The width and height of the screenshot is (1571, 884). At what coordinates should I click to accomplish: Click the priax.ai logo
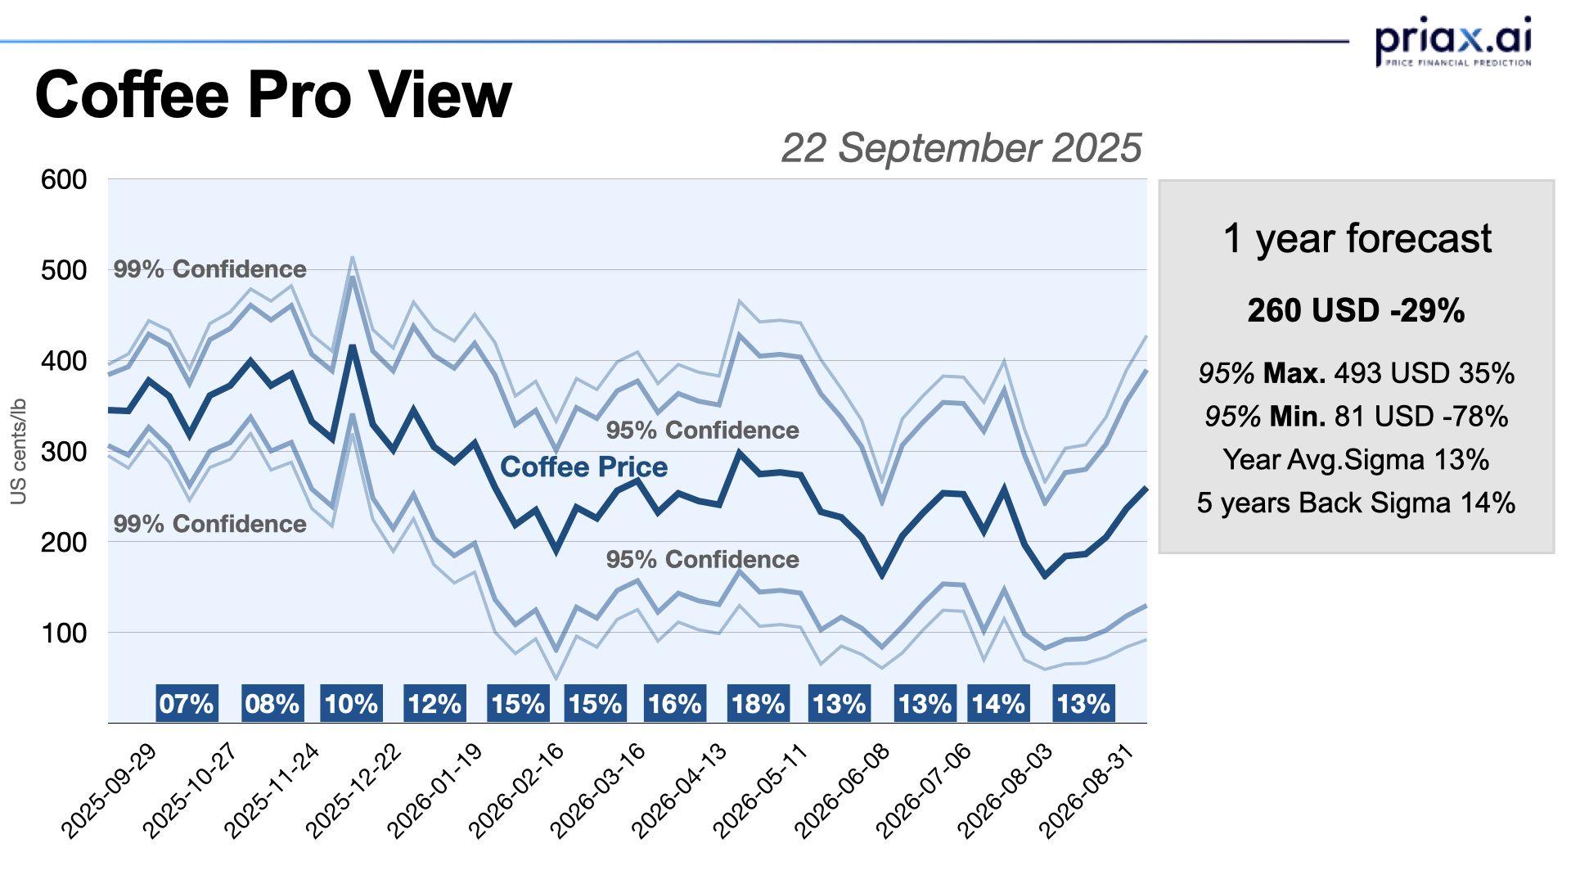[x=1452, y=40]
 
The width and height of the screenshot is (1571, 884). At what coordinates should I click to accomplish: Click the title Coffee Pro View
[x=273, y=95]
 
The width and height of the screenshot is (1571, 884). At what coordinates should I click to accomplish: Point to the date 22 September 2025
[x=961, y=148]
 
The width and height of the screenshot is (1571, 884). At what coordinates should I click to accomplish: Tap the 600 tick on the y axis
[x=64, y=179]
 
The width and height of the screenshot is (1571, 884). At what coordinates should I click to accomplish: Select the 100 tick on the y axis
[x=64, y=633]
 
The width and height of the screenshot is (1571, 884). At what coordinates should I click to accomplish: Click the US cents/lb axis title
[x=19, y=451]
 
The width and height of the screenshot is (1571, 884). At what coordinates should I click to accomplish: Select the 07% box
[x=187, y=703]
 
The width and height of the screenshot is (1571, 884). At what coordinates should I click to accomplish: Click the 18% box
[x=758, y=703]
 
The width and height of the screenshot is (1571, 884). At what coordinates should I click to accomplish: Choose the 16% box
[x=675, y=703]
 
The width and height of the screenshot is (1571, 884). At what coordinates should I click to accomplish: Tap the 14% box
[x=998, y=703]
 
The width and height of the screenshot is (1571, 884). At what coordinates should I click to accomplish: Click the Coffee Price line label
[x=583, y=467]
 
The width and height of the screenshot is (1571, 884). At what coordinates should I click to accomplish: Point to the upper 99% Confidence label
[x=209, y=268]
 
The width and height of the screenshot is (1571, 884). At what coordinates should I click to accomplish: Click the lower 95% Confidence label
[x=702, y=559]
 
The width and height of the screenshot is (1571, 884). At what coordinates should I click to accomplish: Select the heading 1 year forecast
[x=1357, y=238]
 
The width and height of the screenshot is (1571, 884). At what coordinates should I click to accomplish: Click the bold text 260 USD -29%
[x=1356, y=310]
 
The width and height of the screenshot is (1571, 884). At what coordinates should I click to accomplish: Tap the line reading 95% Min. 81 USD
[x=1356, y=417]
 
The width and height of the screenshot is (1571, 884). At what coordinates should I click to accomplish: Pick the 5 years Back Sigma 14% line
[x=1356, y=503]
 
